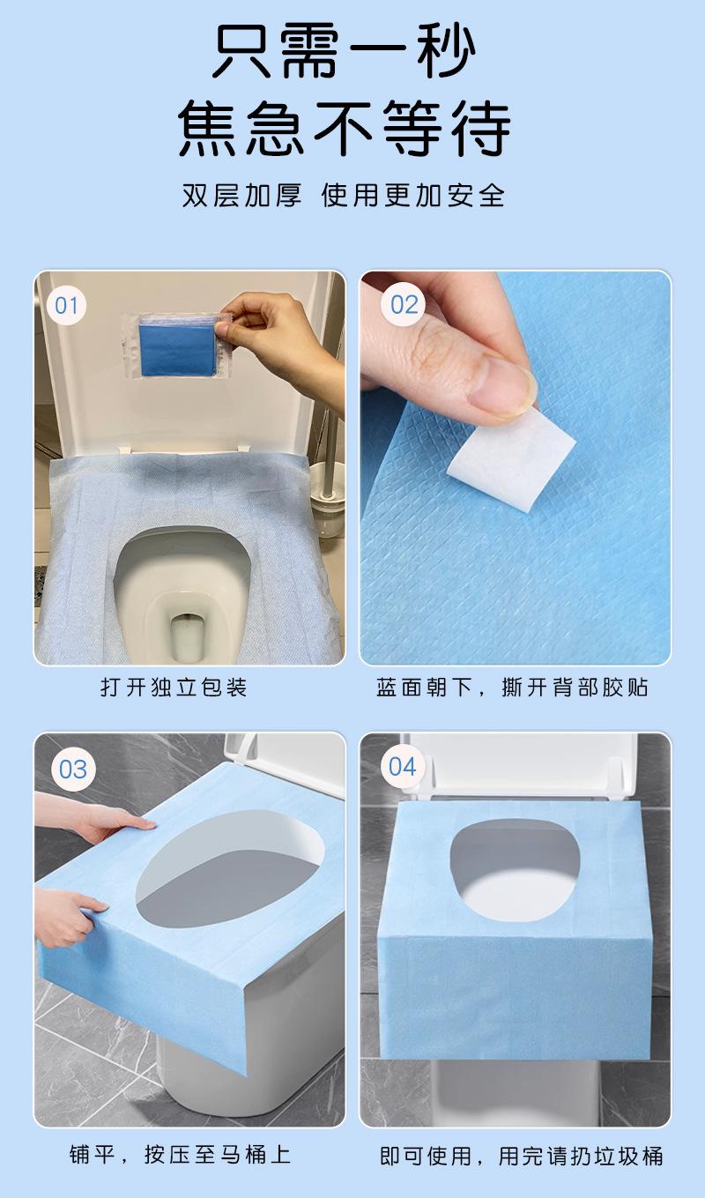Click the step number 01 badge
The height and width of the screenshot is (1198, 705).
66,305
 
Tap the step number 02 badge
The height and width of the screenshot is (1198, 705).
404,305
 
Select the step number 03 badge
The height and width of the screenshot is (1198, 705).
72,770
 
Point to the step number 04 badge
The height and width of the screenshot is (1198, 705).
403,767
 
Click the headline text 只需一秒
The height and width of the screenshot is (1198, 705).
345,52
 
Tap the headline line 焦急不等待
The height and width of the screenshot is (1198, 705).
345,129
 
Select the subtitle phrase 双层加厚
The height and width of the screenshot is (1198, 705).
241,195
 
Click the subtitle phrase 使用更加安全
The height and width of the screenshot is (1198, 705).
413,195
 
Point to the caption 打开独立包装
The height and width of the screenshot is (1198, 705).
174,688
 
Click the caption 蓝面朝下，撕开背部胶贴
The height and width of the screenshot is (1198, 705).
512,688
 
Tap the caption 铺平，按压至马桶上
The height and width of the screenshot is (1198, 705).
180,1155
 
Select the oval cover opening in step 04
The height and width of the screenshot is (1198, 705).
515,870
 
